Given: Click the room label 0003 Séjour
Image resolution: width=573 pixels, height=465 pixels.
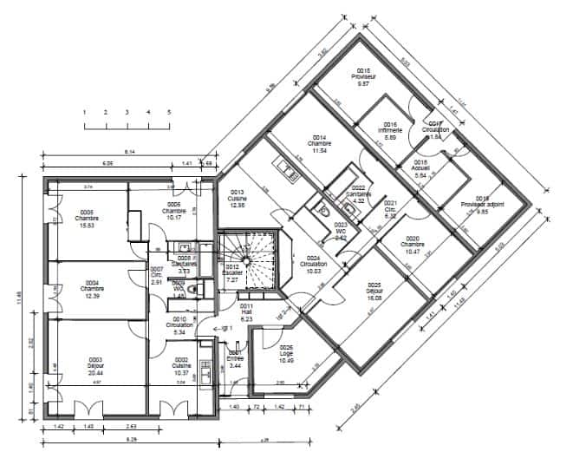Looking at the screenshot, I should (94, 365).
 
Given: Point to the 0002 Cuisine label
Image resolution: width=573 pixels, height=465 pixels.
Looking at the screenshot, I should (180, 365).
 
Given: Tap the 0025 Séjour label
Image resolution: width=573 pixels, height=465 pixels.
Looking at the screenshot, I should (374, 291).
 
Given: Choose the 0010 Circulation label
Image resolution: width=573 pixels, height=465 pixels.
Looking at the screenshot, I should (179, 326).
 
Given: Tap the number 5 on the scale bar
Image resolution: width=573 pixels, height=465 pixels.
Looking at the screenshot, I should (169, 113).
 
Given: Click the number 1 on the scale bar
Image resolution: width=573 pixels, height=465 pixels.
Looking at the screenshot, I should (84, 113).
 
